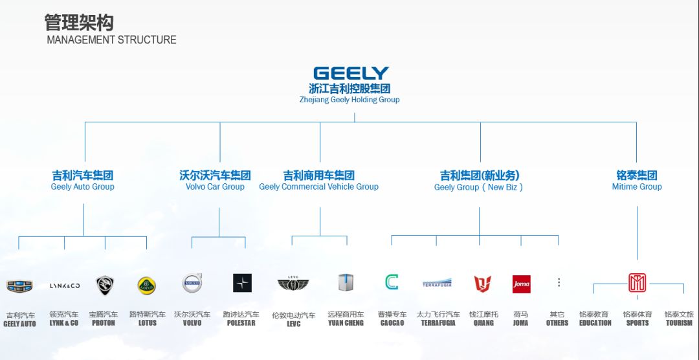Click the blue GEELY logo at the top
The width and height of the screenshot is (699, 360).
[x=351, y=73]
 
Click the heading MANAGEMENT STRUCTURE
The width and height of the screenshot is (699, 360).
[x=111, y=39]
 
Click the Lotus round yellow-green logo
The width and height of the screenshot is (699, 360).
[x=147, y=285]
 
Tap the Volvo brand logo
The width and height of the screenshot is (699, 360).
[x=192, y=283]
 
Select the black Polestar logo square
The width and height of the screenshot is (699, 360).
[x=242, y=283]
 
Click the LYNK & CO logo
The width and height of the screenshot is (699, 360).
[x=65, y=285]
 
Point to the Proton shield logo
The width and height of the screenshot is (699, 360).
[x=105, y=285]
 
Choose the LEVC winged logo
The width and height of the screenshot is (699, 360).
[x=293, y=284]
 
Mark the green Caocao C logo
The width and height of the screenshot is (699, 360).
[x=392, y=282]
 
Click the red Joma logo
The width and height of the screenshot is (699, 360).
[x=521, y=284]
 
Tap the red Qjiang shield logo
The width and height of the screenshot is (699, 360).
[x=482, y=284]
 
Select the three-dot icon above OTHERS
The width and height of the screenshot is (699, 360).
[x=559, y=282]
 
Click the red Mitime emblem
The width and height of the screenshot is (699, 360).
[x=638, y=282]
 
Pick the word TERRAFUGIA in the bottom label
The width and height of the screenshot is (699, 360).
[x=438, y=323]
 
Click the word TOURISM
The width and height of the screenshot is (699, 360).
[x=679, y=323]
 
